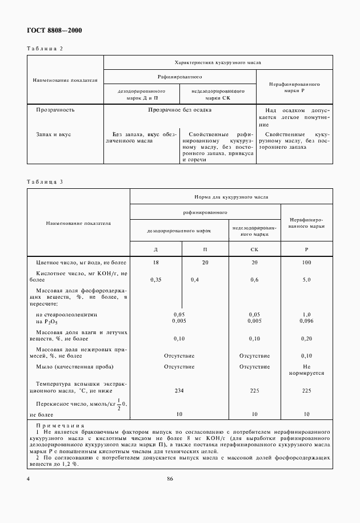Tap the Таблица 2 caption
coord(45,49)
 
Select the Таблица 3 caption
coord(45,182)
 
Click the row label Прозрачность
coord(55,109)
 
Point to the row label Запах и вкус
coord(53,135)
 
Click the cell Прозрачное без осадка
coord(179,109)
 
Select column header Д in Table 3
coord(156,250)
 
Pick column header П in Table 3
coord(205,250)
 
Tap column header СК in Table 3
coord(254,250)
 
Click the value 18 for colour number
coord(156,261)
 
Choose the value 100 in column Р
coord(306,261)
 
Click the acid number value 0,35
coord(155,279)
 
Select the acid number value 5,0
coord(306,279)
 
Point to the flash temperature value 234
coord(179,390)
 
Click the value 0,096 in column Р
coord(306,320)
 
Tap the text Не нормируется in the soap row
coord(306,370)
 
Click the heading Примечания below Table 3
coord(59,426)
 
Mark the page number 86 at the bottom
coord(170,479)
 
